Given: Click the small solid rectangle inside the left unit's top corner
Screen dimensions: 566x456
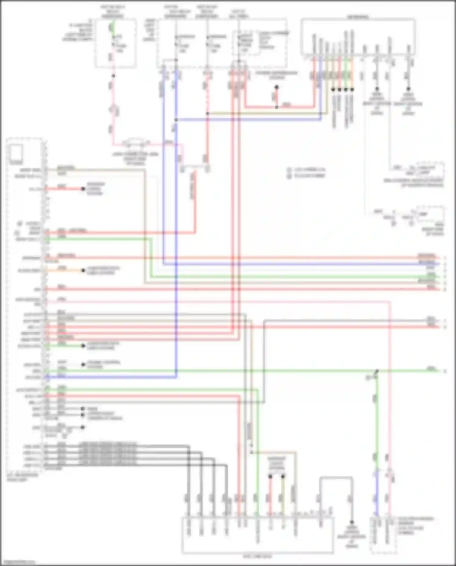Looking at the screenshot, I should pos(16,152).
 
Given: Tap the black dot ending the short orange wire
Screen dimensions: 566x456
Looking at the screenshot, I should pos(83,270).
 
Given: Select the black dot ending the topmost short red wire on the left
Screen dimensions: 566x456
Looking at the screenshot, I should pos(83,189).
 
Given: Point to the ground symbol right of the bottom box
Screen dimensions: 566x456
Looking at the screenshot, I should pos(352,522).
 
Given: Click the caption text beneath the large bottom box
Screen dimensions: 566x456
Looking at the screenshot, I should pos(257,557).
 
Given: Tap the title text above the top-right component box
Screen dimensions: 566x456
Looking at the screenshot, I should pos(358,17).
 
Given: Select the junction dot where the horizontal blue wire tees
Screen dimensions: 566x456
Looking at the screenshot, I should pos(176,120).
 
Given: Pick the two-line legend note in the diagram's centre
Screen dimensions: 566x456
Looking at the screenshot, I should pos(307,172).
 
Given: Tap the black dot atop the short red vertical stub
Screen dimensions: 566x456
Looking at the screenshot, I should pos(277,87).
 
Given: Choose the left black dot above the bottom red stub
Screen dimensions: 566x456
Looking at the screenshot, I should pos(270,476).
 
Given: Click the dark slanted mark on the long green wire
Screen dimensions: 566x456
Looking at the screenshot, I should pos(377,371).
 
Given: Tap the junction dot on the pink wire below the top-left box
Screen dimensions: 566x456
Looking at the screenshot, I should pos(113,76).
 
